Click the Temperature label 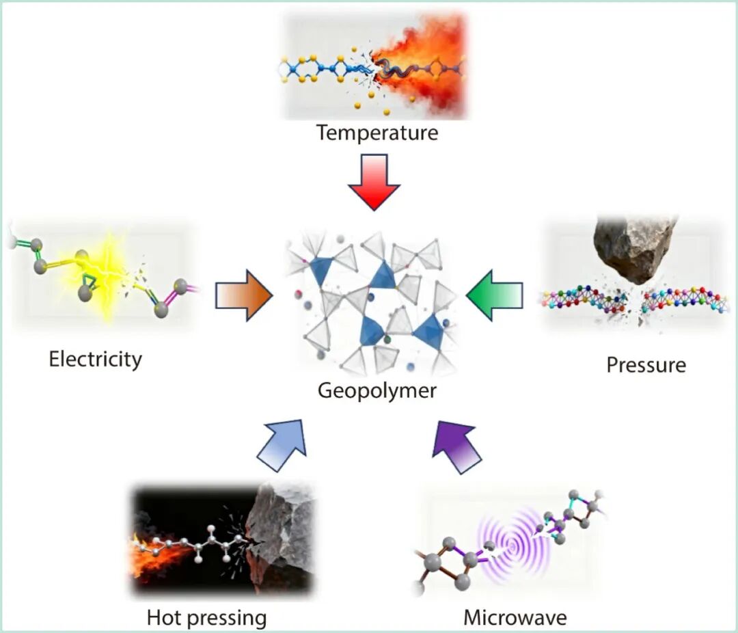377,132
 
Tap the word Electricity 95,359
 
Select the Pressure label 646,364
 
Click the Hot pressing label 206,618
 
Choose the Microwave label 515,618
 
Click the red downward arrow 373,180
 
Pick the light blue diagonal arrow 281,444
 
